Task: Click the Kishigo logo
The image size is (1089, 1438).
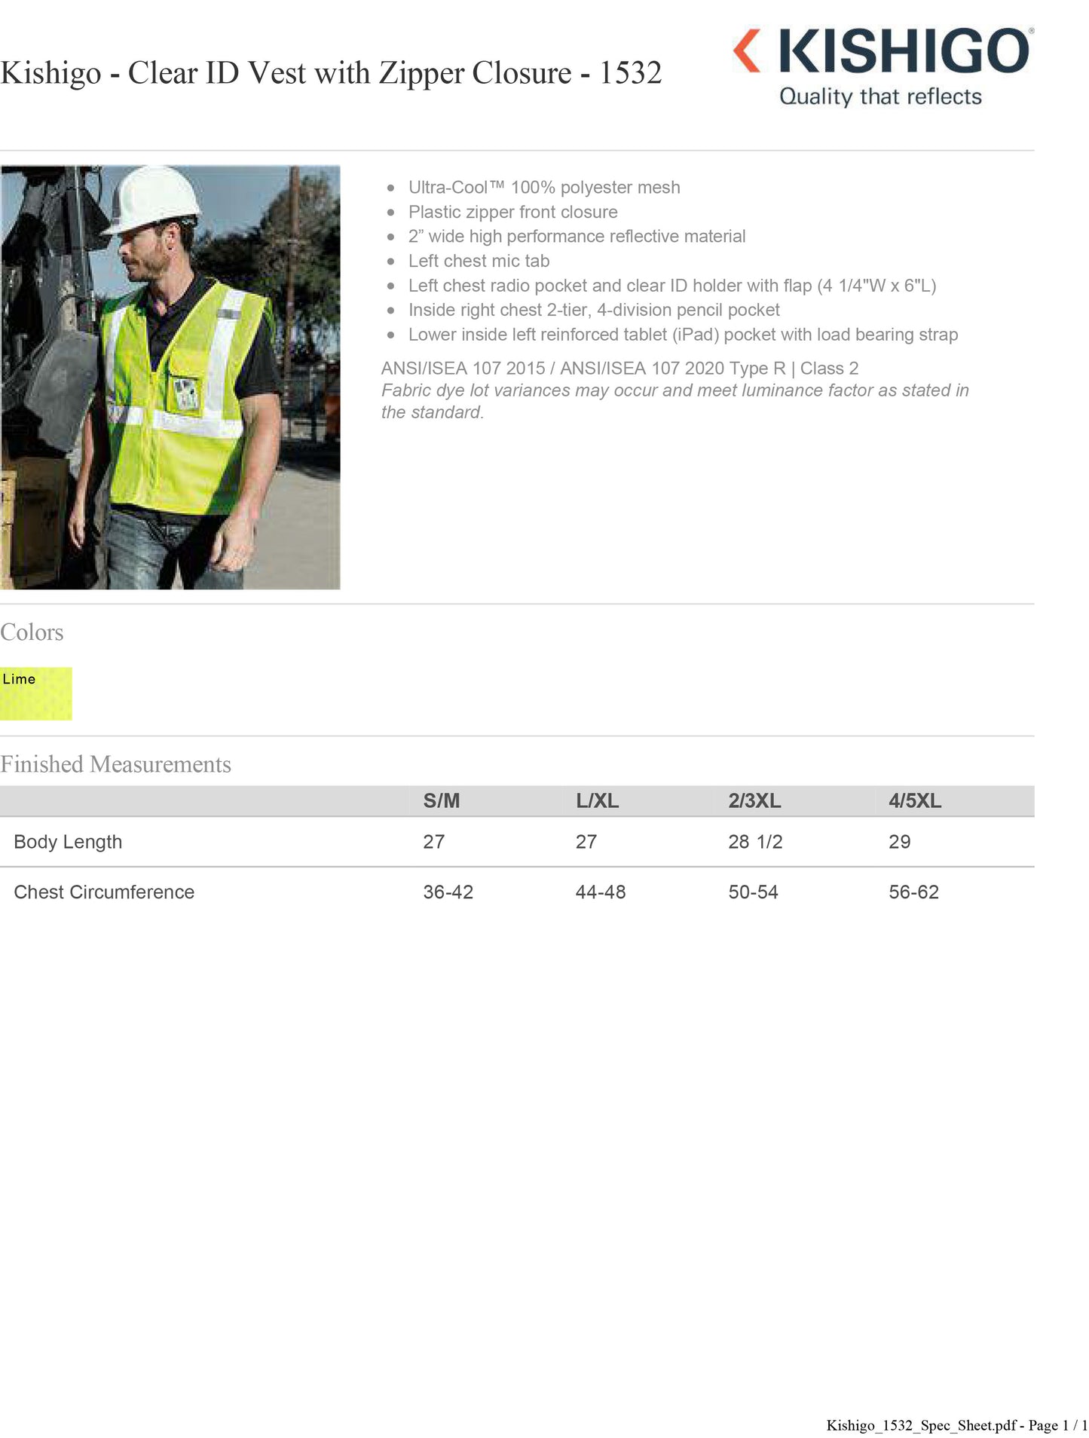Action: [882, 51]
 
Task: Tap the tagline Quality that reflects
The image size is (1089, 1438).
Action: [880, 96]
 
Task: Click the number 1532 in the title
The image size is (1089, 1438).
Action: [630, 73]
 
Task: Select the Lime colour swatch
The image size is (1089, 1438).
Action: [35, 693]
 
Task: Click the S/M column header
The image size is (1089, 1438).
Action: [441, 800]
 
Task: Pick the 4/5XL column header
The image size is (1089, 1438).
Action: [914, 800]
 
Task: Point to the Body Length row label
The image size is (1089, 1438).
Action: [68, 842]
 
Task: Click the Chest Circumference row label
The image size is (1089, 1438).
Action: [104, 892]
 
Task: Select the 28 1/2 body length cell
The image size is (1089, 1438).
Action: [755, 842]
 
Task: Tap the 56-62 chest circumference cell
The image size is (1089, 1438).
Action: [913, 892]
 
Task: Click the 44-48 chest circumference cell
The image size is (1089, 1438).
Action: [600, 892]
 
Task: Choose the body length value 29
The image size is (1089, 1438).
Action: [899, 842]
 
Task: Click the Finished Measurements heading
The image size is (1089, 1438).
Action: [115, 764]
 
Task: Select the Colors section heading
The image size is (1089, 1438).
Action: [32, 632]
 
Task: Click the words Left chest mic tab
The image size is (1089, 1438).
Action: [479, 261]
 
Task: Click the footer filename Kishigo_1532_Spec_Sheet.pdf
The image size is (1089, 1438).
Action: [921, 1425]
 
